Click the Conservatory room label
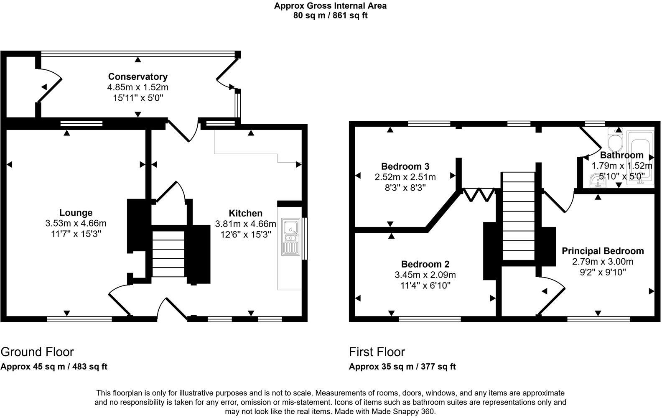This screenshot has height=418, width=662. [137, 76]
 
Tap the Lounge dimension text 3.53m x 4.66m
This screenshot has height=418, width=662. [76, 223]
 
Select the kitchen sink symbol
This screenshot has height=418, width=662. [290, 237]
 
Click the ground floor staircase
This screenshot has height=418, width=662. [168, 253]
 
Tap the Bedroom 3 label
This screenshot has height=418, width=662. [405, 166]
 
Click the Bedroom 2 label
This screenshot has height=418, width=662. [425, 264]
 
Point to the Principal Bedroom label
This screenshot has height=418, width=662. [602, 251]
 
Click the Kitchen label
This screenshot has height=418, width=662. [245, 213]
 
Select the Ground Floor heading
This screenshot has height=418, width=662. [37, 352]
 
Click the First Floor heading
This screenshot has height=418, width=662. [377, 352]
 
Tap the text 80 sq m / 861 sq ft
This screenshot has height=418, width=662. [330, 16]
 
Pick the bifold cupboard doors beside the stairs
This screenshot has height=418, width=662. [479, 194]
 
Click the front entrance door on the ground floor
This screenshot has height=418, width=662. [172, 309]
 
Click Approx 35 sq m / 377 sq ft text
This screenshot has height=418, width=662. [402, 367]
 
